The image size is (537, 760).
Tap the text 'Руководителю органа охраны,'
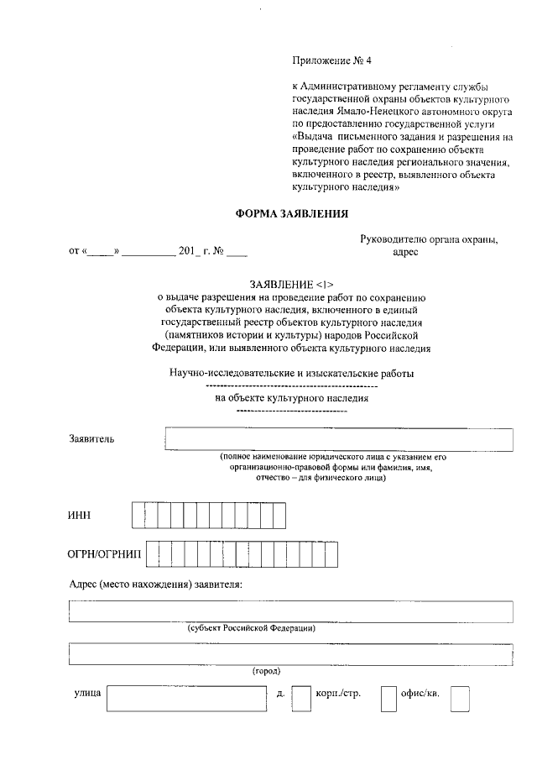click(429, 238)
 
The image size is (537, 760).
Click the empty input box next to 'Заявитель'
click(339, 439)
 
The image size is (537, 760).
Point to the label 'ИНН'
click(79, 515)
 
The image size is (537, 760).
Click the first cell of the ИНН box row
click(138, 515)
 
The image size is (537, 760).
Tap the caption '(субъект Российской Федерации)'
click(252, 627)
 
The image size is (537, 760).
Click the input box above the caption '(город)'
click(291, 653)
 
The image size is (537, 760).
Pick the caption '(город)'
click(266, 670)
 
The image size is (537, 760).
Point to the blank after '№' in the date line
click(237, 251)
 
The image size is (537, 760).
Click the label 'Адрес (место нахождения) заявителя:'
click(155, 584)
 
